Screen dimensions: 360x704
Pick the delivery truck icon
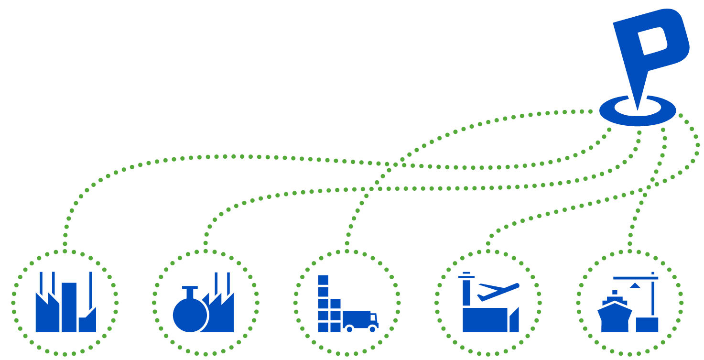pyautogui.click(x=361, y=320)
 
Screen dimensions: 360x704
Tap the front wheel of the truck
pyautogui.click(x=373, y=329)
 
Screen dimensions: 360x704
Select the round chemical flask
pyautogui.click(x=190, y=315)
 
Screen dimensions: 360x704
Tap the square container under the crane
pyautogui.click(x=647, y=324)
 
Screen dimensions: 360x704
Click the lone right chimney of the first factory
pyautogui.click(x=91, y=287)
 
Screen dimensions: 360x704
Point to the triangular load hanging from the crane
pyautogui.click(x=634, y=285)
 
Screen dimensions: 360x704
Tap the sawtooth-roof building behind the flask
pyautogui.click(x=223, y=316)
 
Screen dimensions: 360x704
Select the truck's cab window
pyautogui.click(x=373, y=317)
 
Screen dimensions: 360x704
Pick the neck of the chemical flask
pyautogui.click(x=190, y=292)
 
